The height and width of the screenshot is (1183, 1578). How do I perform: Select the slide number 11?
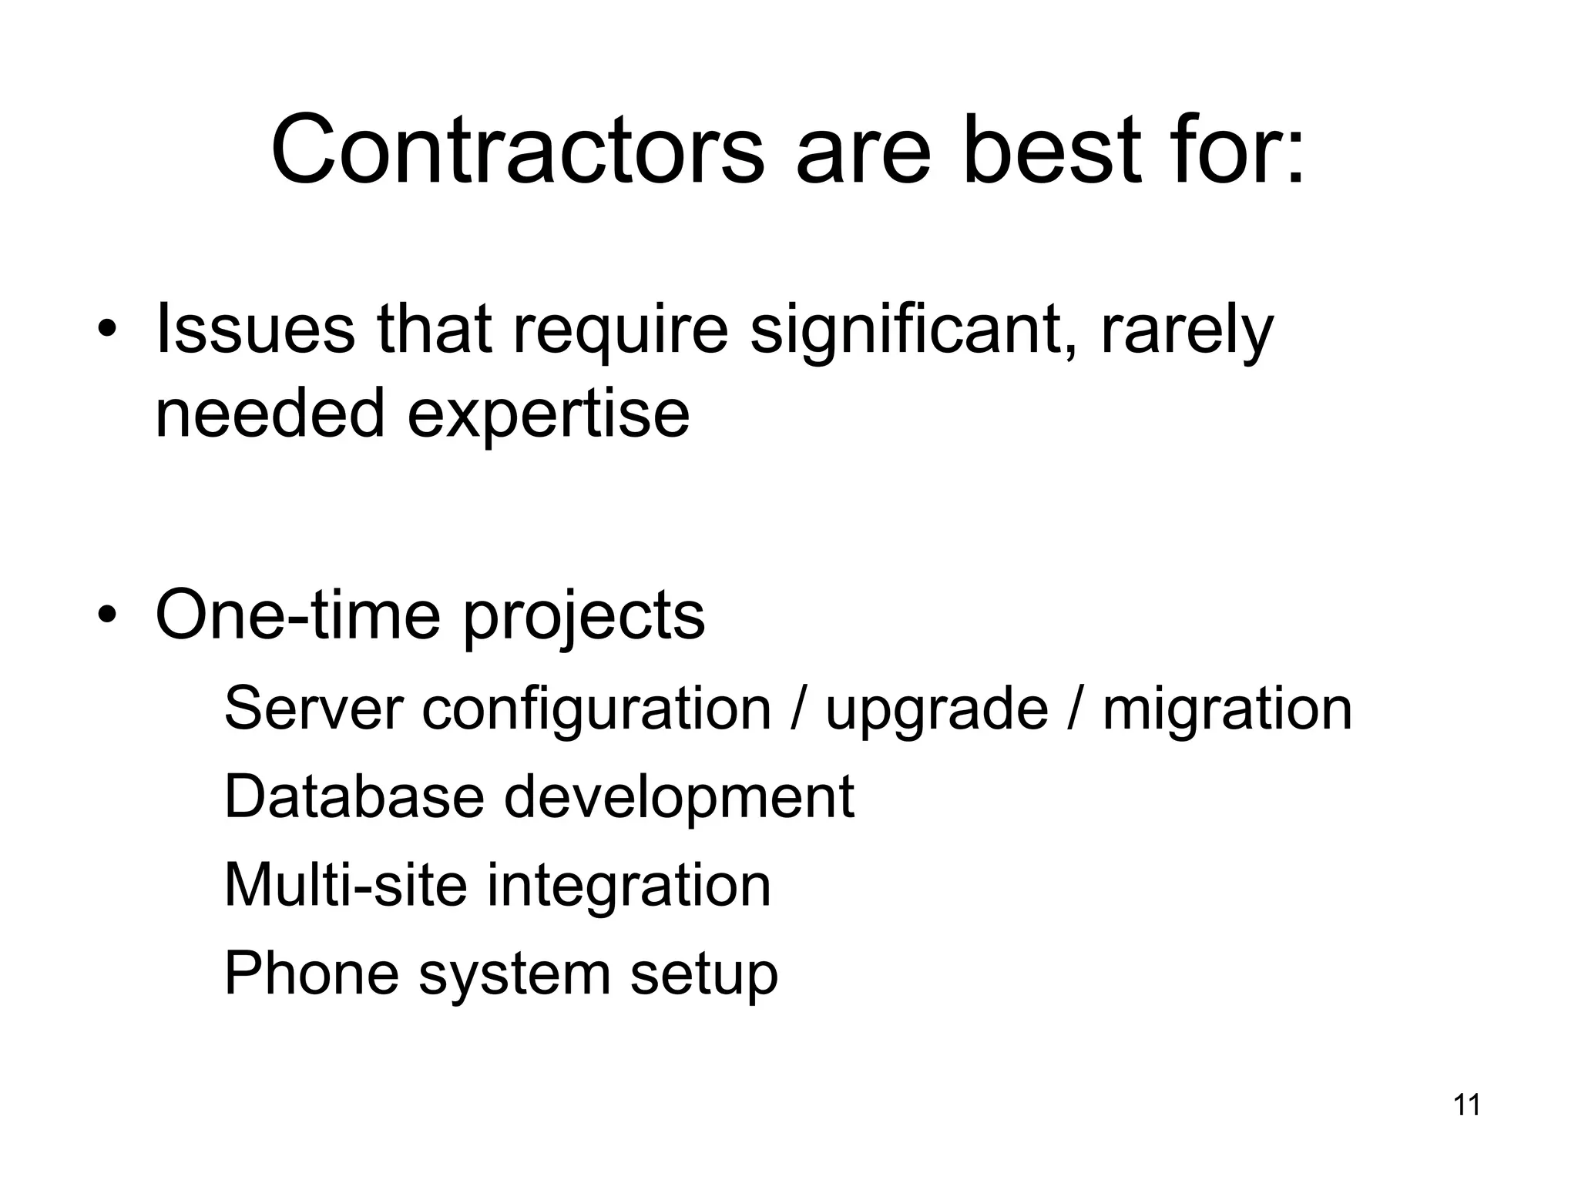point(1466,1105)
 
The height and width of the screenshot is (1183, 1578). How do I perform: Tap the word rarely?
point(1187,331)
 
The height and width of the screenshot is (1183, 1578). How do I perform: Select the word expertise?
point(548,414)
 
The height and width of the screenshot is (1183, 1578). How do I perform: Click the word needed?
point(270,413)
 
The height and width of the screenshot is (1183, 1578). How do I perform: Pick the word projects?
point(584,617)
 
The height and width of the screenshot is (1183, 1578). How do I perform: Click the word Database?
point(354,796)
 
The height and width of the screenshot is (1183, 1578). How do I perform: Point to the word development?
point(679,798)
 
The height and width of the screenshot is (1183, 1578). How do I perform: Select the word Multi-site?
point(346,885)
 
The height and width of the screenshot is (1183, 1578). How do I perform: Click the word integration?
point(629,886)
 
